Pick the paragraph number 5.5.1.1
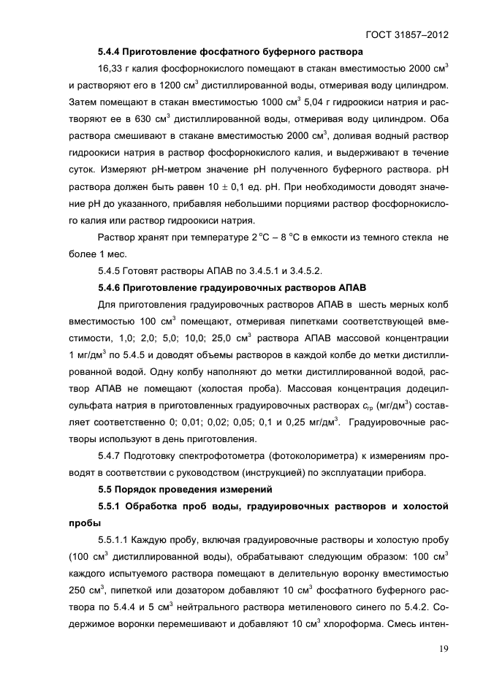pyautogui.click(x=115, y=539)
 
